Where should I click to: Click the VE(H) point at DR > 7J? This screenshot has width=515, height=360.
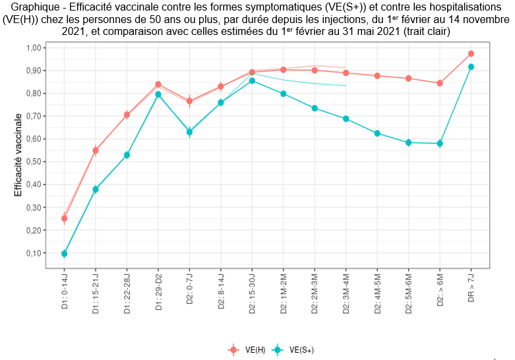tap(471, 53)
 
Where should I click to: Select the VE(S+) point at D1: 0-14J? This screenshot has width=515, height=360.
tap(64, 254)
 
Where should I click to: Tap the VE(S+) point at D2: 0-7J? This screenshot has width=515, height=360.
tap(189, 132)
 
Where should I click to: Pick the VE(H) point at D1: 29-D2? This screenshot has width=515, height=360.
tap(158, 84)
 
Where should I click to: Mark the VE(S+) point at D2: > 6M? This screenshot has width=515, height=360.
tap(440, 143)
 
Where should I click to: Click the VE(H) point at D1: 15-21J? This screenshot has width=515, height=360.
tap(96, 150)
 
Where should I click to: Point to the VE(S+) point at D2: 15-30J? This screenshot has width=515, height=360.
tap(252, 80)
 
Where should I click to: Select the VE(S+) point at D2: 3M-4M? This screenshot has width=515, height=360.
tap(346, 119)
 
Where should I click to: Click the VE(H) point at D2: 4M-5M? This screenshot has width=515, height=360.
tap(377, 76)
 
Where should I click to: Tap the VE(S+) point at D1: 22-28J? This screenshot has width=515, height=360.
tap(127, 155)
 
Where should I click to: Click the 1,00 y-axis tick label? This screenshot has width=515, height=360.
tap(31, 47)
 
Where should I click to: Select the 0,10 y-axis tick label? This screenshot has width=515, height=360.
tap(31, 253)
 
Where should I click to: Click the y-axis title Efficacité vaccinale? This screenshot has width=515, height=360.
tap(18, 155)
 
